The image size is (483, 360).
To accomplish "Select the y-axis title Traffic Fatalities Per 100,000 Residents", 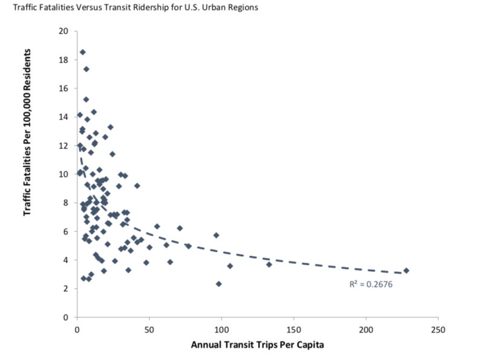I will tap(28, 138).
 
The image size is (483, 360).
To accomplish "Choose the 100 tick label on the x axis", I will tap(221, 330).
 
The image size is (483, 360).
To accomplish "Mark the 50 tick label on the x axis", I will tap(149, 330).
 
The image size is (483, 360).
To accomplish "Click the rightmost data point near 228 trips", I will tap(406, 271).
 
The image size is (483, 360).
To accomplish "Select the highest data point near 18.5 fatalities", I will tap(83, 52).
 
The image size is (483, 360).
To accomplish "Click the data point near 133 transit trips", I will tap(269, 265).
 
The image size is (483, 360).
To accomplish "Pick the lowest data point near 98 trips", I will tap(219, 284).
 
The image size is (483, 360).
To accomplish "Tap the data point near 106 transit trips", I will tap(230, 266).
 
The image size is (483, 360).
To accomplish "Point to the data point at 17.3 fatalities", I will tap(86, 69).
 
